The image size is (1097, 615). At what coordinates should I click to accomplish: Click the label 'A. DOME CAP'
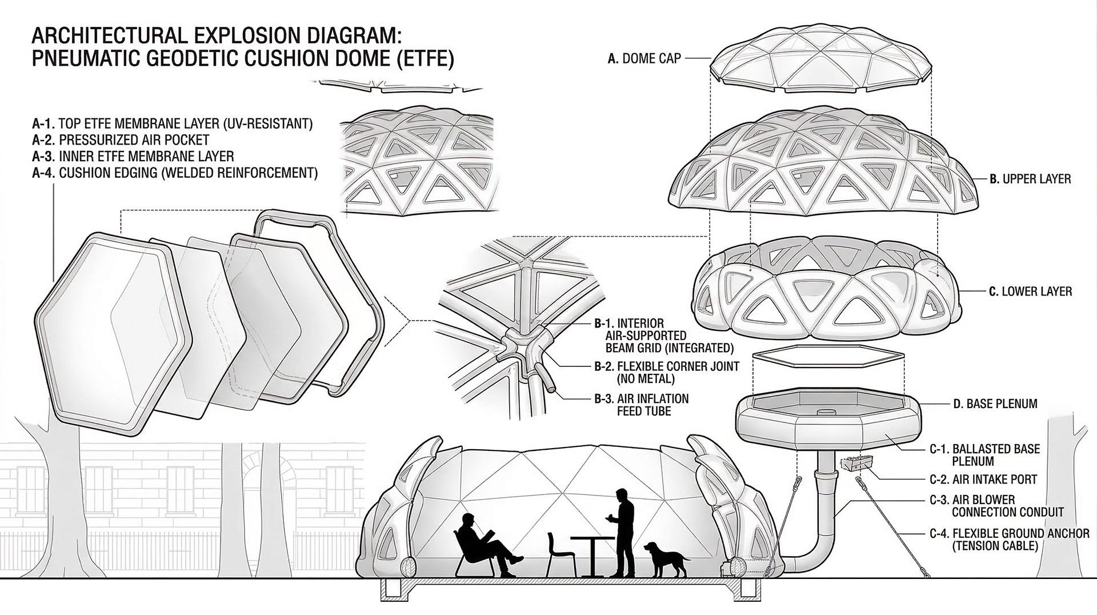click(644, 58)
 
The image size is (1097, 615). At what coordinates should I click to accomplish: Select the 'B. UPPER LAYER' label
click(1030, 179)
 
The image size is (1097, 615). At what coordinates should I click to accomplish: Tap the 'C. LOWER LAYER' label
click(1030, 291)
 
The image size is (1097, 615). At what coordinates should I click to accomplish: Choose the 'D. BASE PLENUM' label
click(995, 404)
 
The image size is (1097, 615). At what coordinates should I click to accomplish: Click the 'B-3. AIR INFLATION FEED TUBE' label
click(641, 404)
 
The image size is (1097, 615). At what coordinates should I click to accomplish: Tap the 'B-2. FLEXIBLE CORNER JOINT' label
click(666, 372)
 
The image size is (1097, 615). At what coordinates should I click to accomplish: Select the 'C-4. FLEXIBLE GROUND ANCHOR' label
click(1009, 539)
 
